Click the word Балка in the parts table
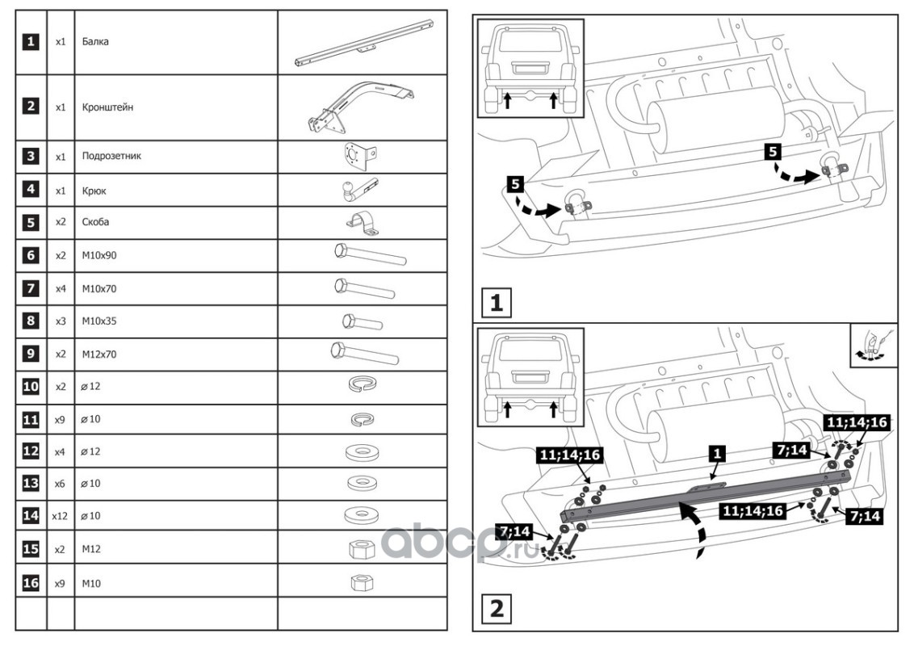pos(95,42)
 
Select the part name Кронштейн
pos(107,107)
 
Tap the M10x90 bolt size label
pos(99,255)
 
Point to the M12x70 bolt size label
pos(99,354)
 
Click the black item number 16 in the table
pos(31,582)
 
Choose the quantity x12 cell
pos(60,516)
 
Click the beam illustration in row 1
pos(363,42)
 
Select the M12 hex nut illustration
pos(362,548)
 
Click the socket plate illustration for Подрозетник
pos(360,157)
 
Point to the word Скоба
pos(95,222)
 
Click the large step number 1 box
pos(496,302)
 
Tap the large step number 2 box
pos(497,609)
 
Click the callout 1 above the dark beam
pos(717,454)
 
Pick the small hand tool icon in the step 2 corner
pos(873,345)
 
